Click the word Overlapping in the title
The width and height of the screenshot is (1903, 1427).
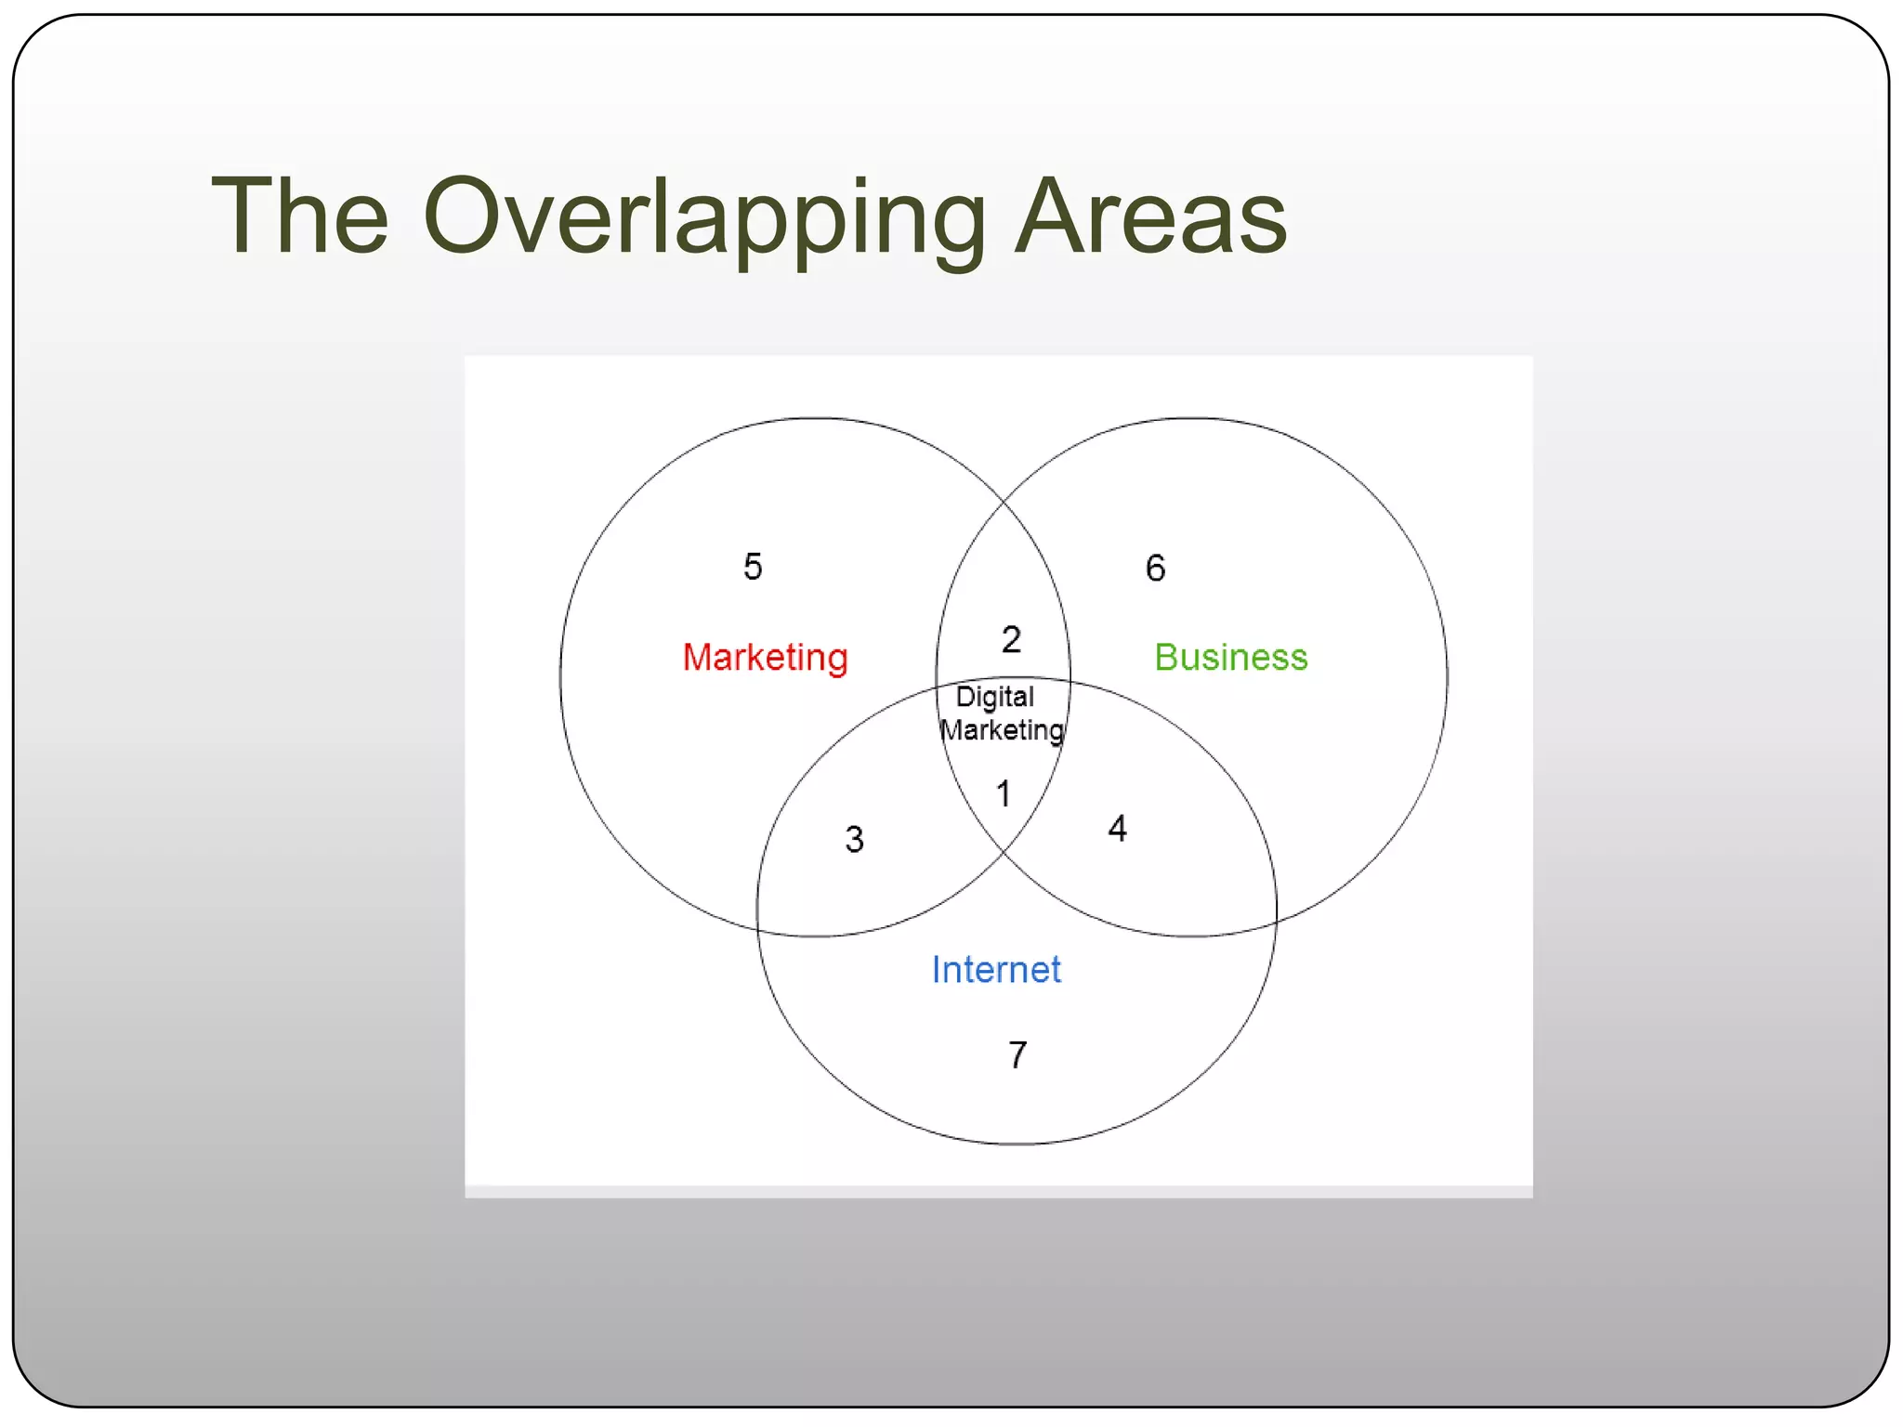pyautogui.click(x=703, y=218)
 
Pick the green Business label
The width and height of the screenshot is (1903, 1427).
pyautogui.click(x=1230, y=657)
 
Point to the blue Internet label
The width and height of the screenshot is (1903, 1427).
pyautogui.click(x=995, y=970)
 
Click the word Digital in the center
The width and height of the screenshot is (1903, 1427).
pyautogui.click(x=994, y=697)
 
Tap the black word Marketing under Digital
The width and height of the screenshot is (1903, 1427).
pyautogui.click(x=1002, y=730)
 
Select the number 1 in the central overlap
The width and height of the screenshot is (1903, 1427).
pyautogui.click(x=1004, y=794)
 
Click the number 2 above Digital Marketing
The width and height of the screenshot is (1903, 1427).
pyautogui.click(x=1011, y=639)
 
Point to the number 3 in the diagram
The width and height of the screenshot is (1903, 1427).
pyautogui.click(x=854, y=840)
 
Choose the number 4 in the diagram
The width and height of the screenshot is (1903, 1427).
pyautogui.click(x=1117, y=829)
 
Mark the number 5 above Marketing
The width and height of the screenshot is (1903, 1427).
pyautogui.click(x=753, y=567)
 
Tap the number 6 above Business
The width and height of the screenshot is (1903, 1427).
pyautogui.click(x=1155, y=568)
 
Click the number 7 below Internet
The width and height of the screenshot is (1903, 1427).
pyautogui.click(x=1017, y=1055)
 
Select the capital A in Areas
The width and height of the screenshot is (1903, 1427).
pyautogui.click(x=1054, y=216)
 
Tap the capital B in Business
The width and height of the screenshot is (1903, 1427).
pyautogui.click(x=1166, y=657)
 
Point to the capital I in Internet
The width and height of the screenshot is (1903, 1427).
pyautogui.click(x=937, y=970)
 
